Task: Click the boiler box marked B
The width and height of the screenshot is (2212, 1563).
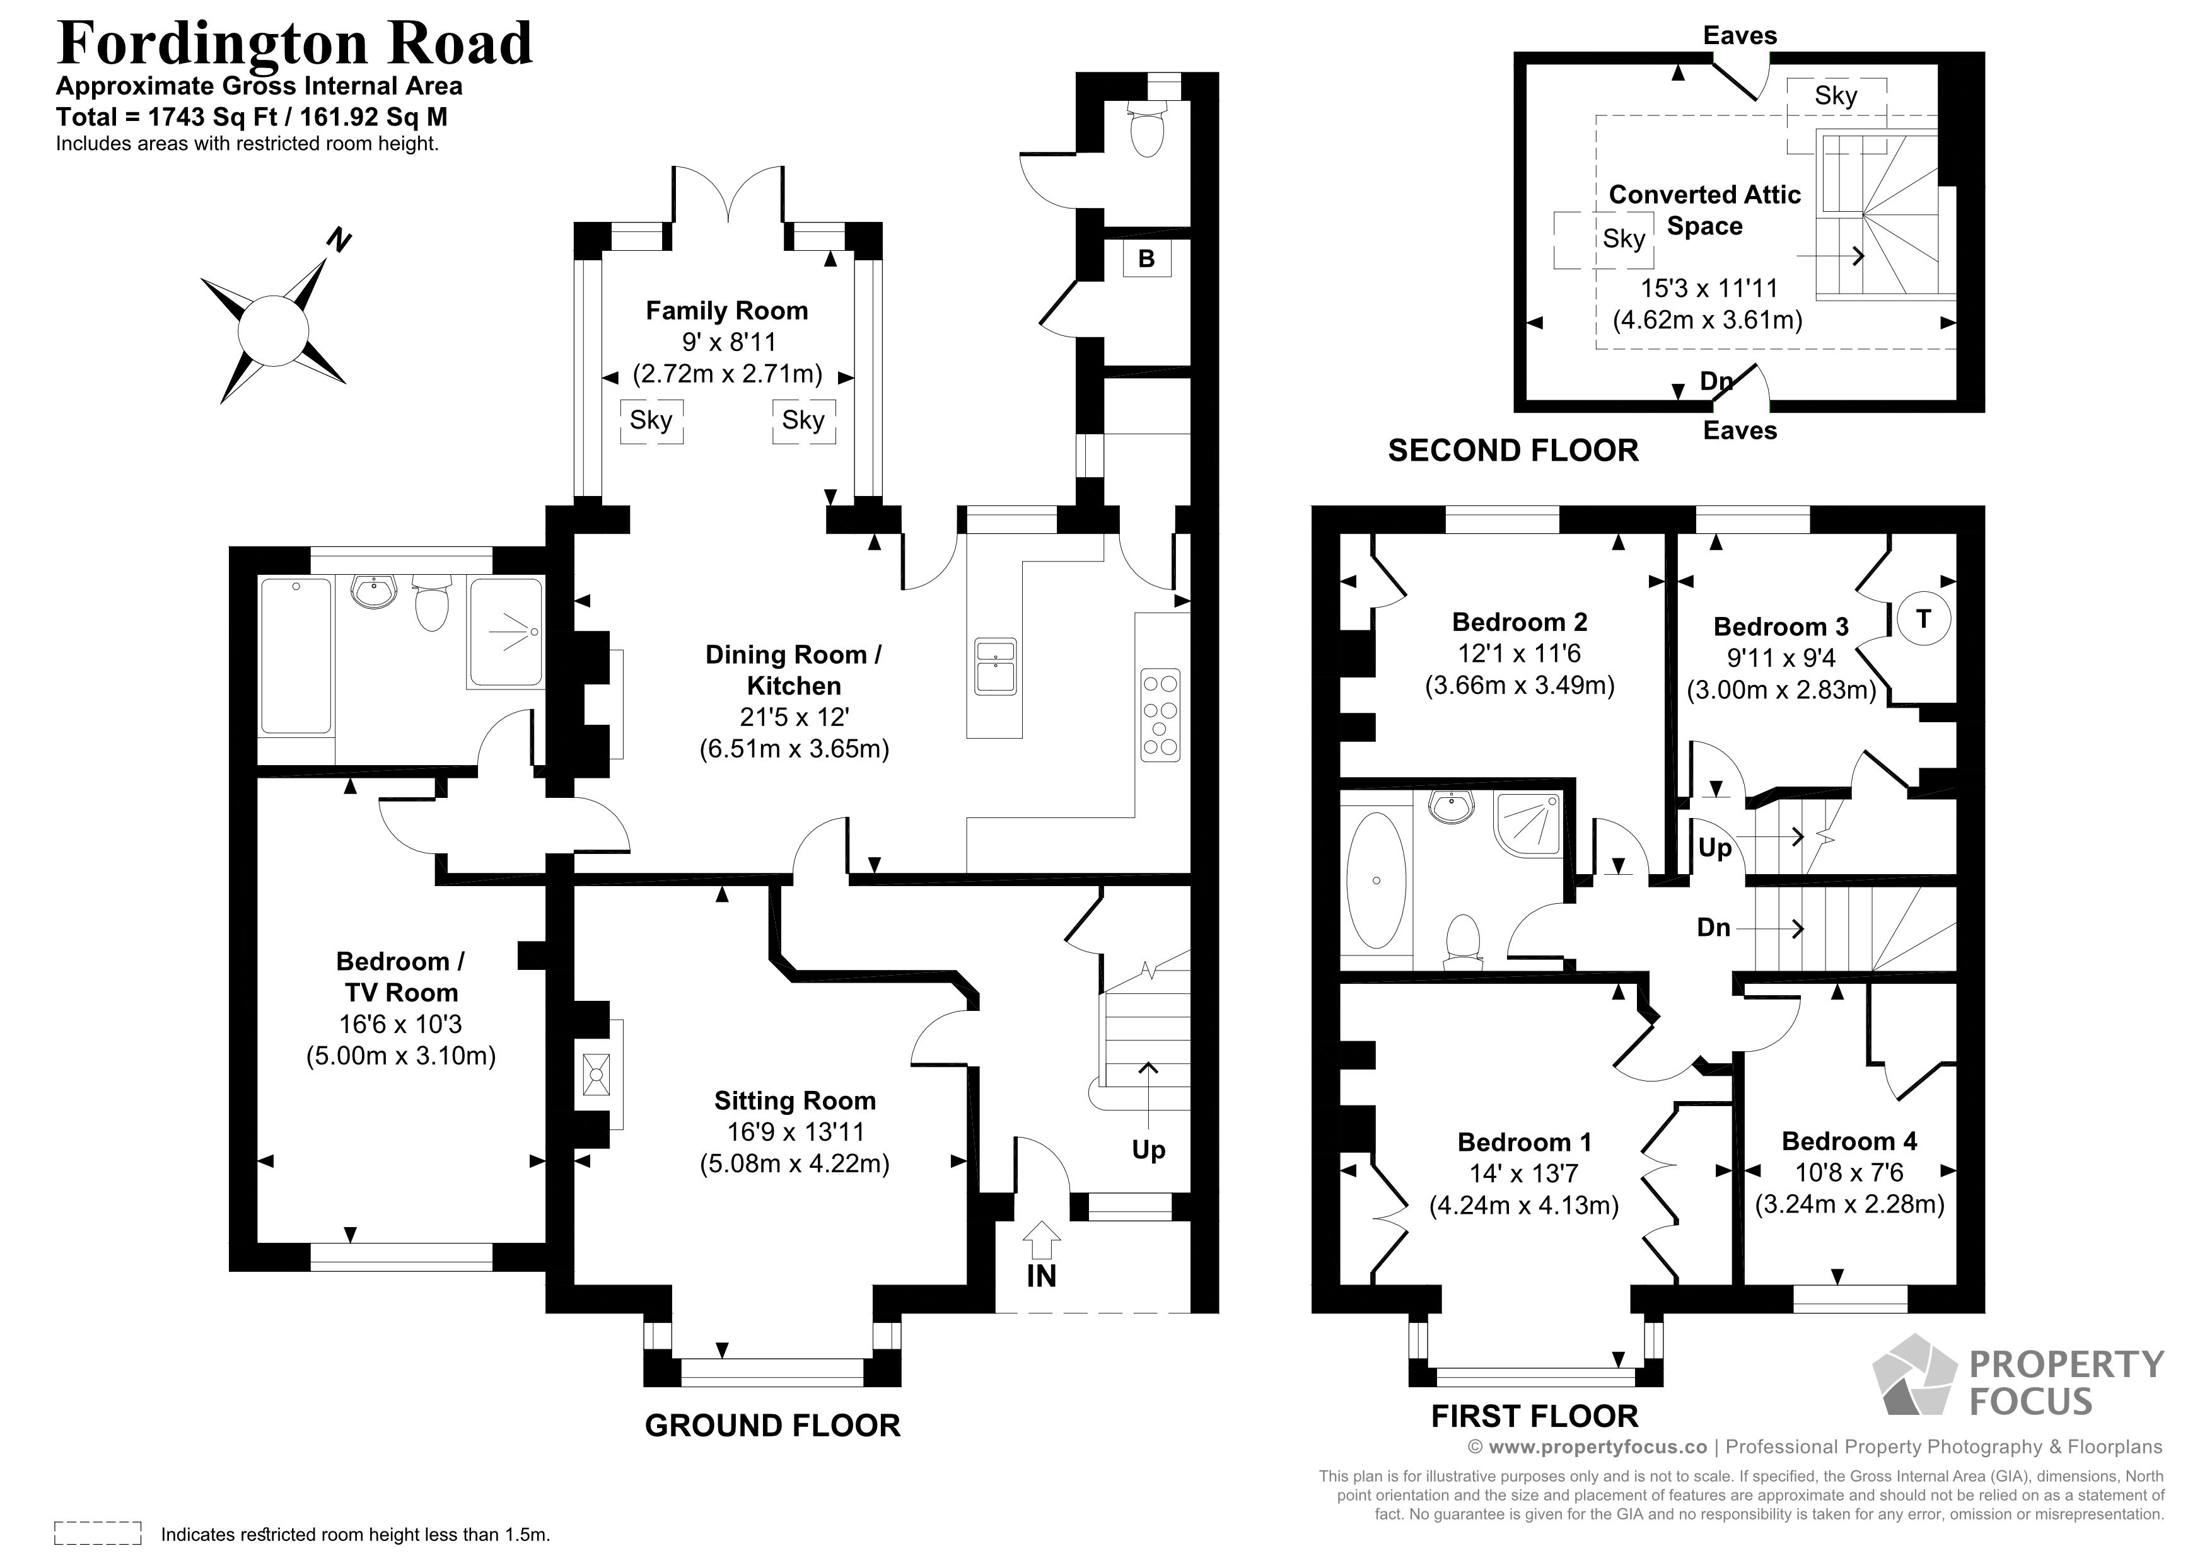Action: tap(1146, 258)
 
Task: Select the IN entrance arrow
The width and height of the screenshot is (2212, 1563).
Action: tap(1040, 1242)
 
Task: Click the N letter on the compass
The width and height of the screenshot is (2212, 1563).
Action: tap(337, 239)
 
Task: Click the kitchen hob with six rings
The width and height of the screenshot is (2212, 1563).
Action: tap(1160, 715)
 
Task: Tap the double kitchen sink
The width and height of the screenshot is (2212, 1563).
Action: tap(994, 664)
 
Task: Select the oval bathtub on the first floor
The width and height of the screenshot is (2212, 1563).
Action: tap(1376, 880)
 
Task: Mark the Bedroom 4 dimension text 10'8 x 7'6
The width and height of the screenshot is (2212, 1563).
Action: tap(1849, 1172)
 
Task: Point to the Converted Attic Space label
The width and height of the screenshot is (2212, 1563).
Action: tap(1704, 210)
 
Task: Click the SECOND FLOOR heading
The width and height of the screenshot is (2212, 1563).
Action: tap(1513, 450)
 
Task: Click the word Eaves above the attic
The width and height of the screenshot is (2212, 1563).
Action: tap(1739, 36)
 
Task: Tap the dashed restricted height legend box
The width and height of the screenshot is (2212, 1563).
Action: tap(97, 1533)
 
